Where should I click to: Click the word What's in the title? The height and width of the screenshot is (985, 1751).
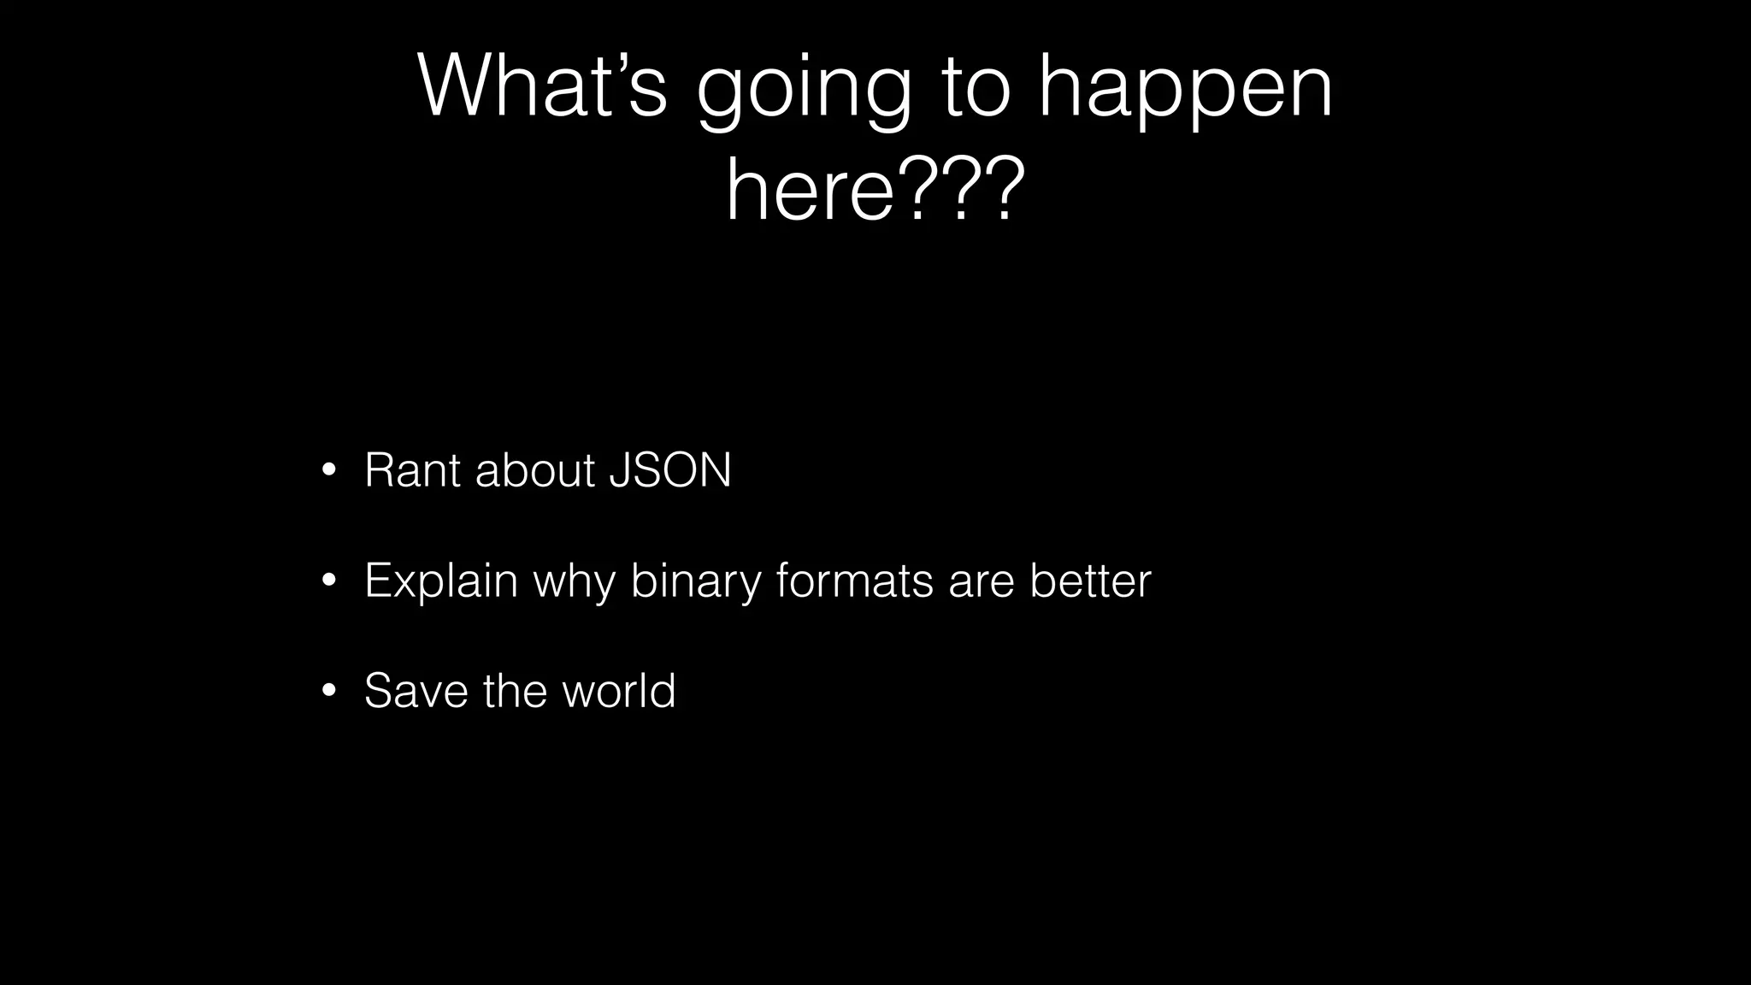[542, 86]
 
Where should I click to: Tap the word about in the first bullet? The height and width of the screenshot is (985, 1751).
[534, 470]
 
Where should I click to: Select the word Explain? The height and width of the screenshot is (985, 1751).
[441, 581]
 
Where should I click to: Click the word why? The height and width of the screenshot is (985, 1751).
[575, 584]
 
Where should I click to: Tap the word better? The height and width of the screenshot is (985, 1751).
[1090, 581]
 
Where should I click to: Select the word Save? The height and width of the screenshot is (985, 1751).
[416, 691]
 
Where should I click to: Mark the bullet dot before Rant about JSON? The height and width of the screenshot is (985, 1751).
[328, 471]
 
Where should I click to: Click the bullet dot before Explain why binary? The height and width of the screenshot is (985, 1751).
[328, 581]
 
